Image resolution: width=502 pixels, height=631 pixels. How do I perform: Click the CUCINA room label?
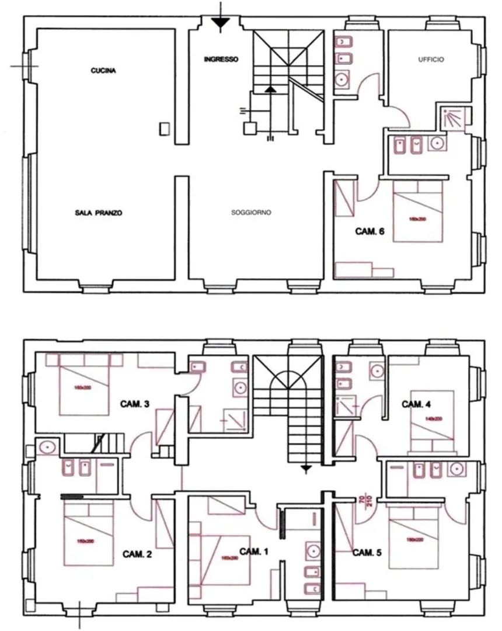(104, 72)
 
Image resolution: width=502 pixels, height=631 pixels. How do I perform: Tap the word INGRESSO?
(221, 60)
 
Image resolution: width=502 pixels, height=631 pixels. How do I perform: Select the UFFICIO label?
(431, 60)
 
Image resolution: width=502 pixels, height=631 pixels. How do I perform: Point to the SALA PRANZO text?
(99, 213)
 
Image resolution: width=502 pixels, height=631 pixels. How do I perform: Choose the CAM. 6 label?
(369, 231)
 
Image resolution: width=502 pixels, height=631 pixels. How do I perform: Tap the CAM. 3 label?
(135, 403)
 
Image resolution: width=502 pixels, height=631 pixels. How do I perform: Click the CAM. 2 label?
(137, 554)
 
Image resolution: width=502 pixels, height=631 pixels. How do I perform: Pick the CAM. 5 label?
(367, 552)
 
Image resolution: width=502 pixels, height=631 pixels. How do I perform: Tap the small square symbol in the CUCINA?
(165, 129)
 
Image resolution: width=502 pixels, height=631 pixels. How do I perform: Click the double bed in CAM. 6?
(418, 212)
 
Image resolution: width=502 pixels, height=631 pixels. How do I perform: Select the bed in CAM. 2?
(88, 534)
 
